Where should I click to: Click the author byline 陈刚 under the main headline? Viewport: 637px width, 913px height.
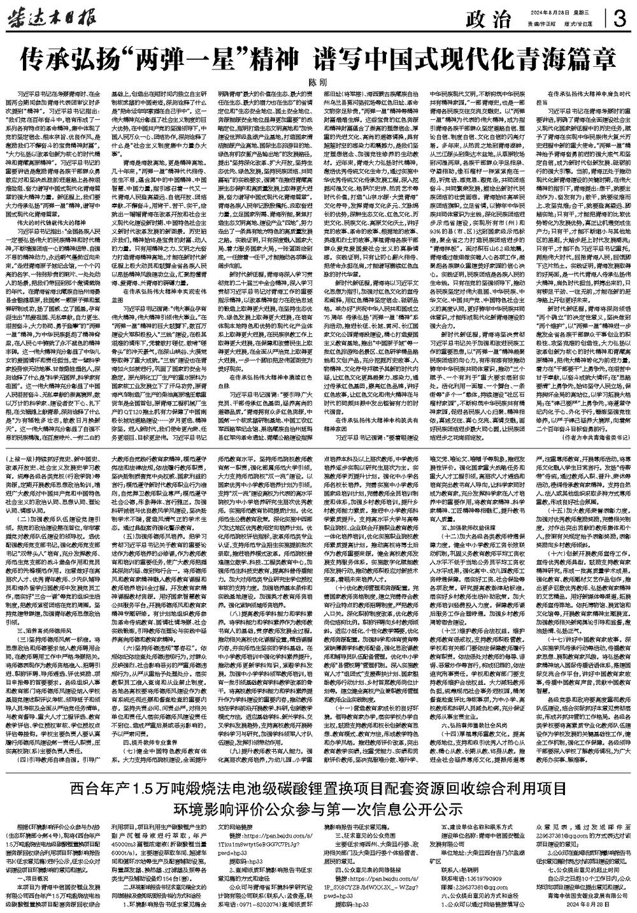(x=317, y=83)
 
